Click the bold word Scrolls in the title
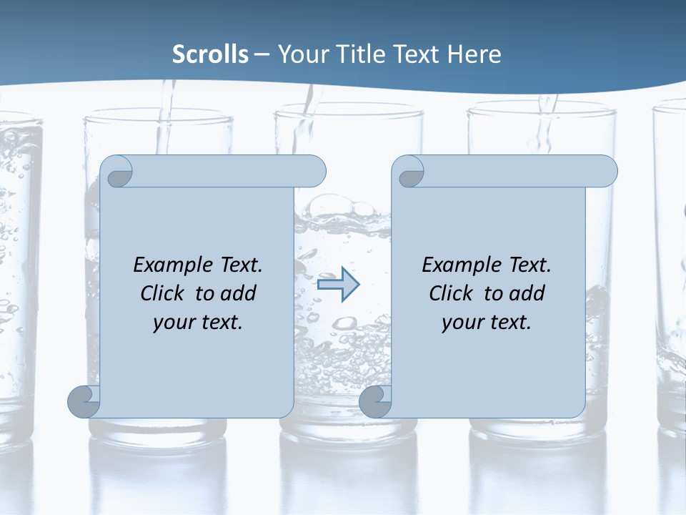pos(211,54)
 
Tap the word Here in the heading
pos(474,54)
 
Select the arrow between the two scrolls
pos(338,285)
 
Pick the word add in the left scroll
pos(239,293)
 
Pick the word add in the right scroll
pos(528,293)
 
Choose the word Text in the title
pos(417,54)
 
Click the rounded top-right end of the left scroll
pos(314,171)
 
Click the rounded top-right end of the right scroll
pos(606,171)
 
